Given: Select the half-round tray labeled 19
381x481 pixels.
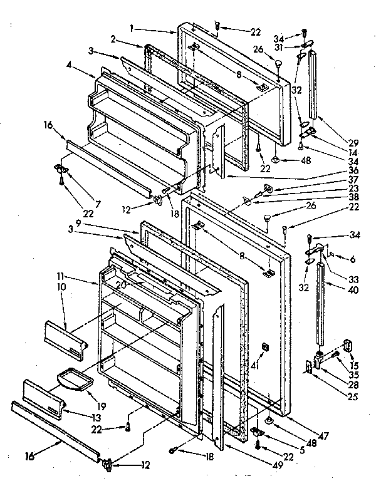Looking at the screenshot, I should pyautogui.click(x=74, y=380).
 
